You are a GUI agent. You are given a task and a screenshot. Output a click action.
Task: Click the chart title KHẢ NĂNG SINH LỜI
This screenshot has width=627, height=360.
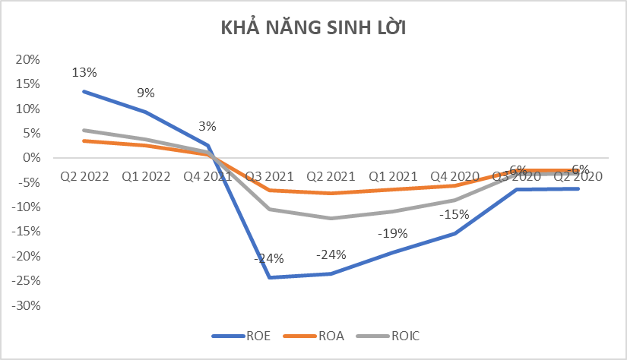314,29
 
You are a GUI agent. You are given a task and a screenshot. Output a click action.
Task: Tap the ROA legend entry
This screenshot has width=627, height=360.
321,335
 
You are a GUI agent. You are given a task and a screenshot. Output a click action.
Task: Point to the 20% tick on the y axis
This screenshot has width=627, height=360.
28,59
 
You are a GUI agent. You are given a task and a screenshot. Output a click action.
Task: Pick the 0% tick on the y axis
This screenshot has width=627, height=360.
31,158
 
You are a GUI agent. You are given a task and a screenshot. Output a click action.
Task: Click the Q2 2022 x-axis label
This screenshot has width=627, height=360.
84,176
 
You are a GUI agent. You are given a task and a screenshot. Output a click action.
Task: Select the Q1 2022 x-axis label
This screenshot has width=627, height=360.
146,176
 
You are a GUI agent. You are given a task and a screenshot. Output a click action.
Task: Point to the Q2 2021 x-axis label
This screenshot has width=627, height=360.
331,176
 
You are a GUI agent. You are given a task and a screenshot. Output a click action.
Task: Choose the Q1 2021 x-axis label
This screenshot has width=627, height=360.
392,176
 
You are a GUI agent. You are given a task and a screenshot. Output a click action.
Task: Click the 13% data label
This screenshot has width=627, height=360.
84,73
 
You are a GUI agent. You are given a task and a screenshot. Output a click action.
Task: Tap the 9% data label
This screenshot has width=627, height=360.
146,93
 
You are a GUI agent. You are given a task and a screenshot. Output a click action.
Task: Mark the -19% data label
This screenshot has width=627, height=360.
392,233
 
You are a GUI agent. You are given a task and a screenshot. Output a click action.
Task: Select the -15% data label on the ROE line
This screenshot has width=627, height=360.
454,215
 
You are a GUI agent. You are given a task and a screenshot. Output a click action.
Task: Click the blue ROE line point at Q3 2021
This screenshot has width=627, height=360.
269,277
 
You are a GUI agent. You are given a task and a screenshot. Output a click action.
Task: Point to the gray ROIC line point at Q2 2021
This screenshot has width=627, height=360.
331,219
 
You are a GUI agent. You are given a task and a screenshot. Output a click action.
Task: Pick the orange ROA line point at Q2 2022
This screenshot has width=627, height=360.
84,141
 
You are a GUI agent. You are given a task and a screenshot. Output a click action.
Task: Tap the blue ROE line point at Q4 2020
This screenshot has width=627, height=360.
454,233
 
